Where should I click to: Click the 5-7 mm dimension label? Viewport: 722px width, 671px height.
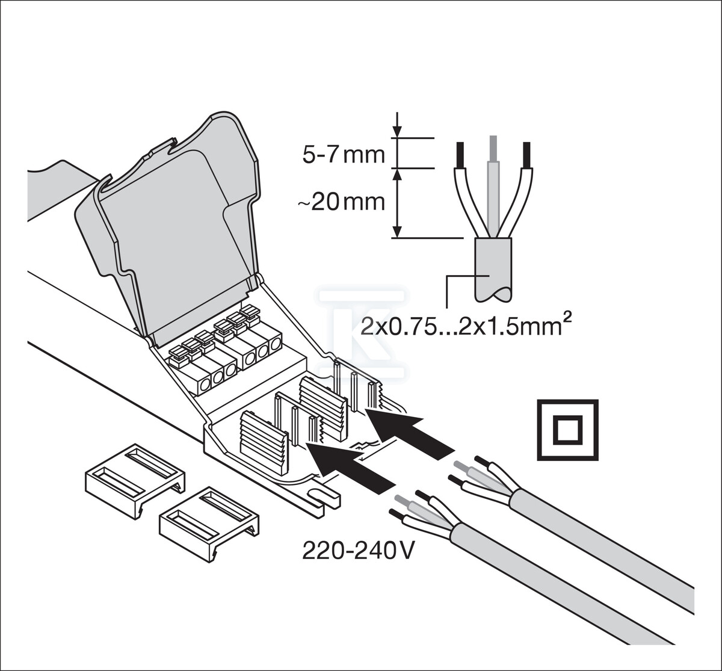pos(343,156)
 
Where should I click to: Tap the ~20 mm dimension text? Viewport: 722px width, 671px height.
pos(341,202)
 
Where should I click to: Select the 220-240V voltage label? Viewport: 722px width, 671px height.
pos(358,551)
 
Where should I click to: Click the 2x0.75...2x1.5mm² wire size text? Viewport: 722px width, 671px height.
pos(463,326)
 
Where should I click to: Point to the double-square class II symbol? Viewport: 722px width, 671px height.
pos(567,430)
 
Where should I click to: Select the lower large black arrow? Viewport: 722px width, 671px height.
pos(350,468)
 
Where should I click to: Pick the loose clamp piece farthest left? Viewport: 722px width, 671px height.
pos(135,480)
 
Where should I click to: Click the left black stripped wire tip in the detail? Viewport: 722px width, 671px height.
pos(460,155)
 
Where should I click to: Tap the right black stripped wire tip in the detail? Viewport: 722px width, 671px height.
pos(527,155)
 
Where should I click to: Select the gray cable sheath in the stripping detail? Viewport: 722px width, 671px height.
pos(493,269)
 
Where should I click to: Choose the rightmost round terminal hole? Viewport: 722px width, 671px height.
pos(276,343)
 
